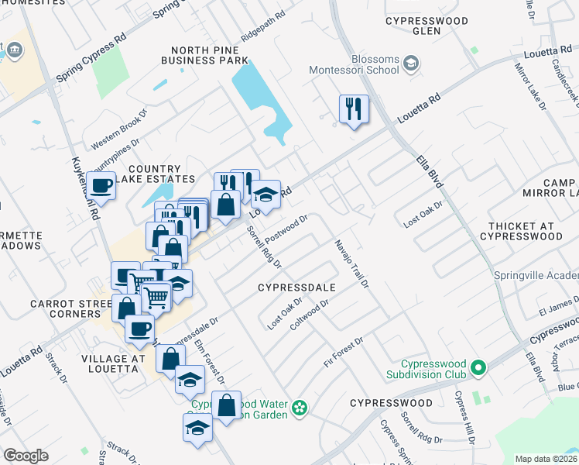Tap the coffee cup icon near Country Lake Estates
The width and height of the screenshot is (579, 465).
101,185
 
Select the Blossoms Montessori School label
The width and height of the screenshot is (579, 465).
354,64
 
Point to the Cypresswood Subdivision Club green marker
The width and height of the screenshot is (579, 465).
478,367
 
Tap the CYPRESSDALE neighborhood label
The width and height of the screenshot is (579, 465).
296,288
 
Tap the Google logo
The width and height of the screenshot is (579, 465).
26,456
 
